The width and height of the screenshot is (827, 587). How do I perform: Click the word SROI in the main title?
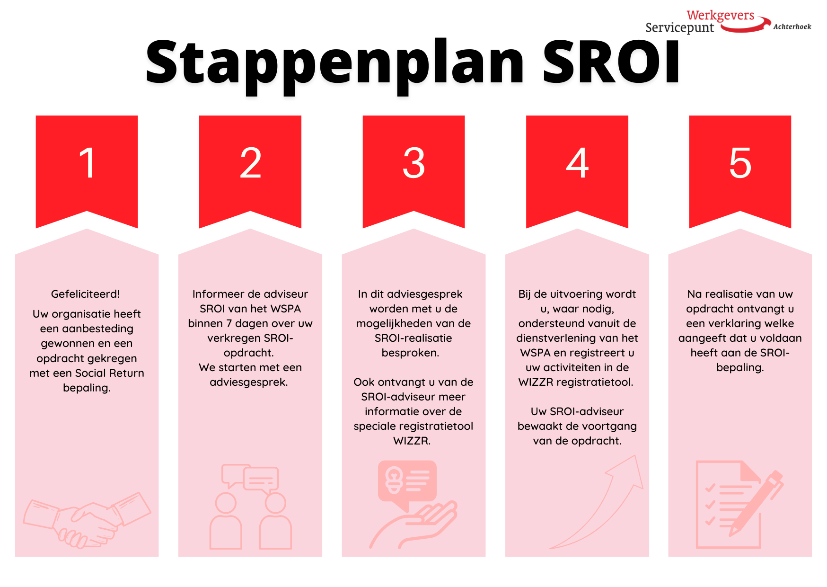611,62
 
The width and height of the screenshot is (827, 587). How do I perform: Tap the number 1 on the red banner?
88,163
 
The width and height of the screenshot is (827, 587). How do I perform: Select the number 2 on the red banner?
250,163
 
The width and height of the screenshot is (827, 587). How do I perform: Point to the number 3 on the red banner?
414,163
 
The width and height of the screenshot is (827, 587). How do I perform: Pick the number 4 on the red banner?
577,163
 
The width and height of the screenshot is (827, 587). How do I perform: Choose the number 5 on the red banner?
740,163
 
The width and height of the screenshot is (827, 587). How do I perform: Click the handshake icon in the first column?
87,520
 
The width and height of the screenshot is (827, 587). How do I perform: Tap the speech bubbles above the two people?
250,477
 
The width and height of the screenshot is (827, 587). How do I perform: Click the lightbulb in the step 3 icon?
393,480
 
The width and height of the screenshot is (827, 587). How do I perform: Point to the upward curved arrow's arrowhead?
626,471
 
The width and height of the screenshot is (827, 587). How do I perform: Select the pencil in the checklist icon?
756,503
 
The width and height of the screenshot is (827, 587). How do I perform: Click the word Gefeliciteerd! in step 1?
85,294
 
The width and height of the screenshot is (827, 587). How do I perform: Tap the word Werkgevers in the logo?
721,15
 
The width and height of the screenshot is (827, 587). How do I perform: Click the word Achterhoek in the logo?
792,27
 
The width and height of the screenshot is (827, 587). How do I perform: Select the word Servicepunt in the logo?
680,27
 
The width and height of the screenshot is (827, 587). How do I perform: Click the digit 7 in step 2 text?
229,323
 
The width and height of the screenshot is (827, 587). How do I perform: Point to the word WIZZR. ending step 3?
412,441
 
